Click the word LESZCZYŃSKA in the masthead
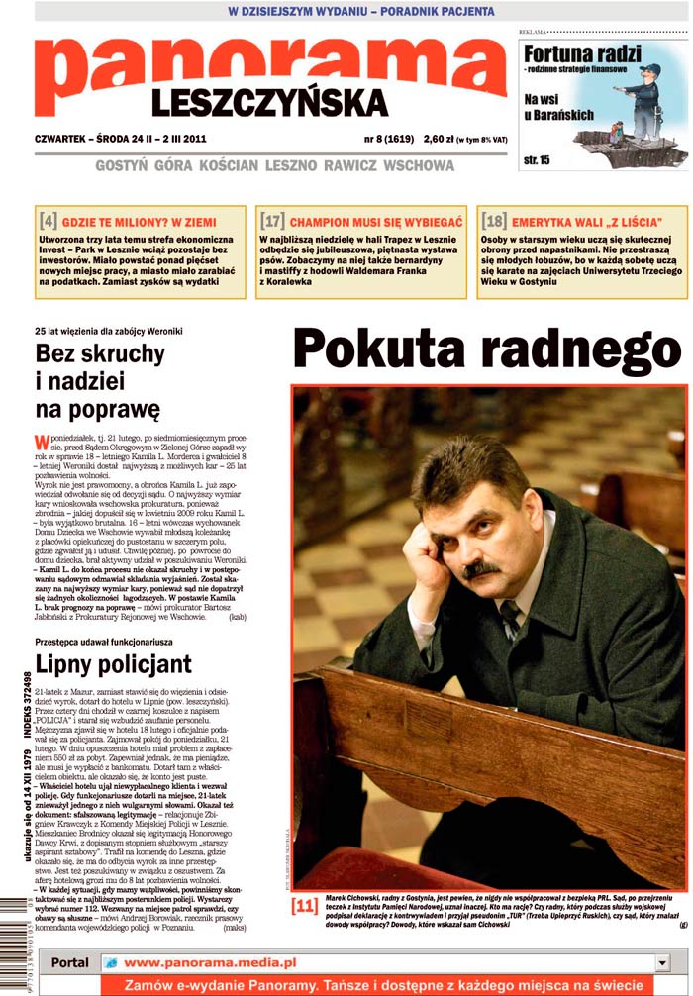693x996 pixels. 269,103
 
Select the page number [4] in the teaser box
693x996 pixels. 48,221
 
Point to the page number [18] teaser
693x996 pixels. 494,221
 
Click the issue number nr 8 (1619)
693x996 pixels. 389,139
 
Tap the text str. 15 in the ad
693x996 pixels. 537,159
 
